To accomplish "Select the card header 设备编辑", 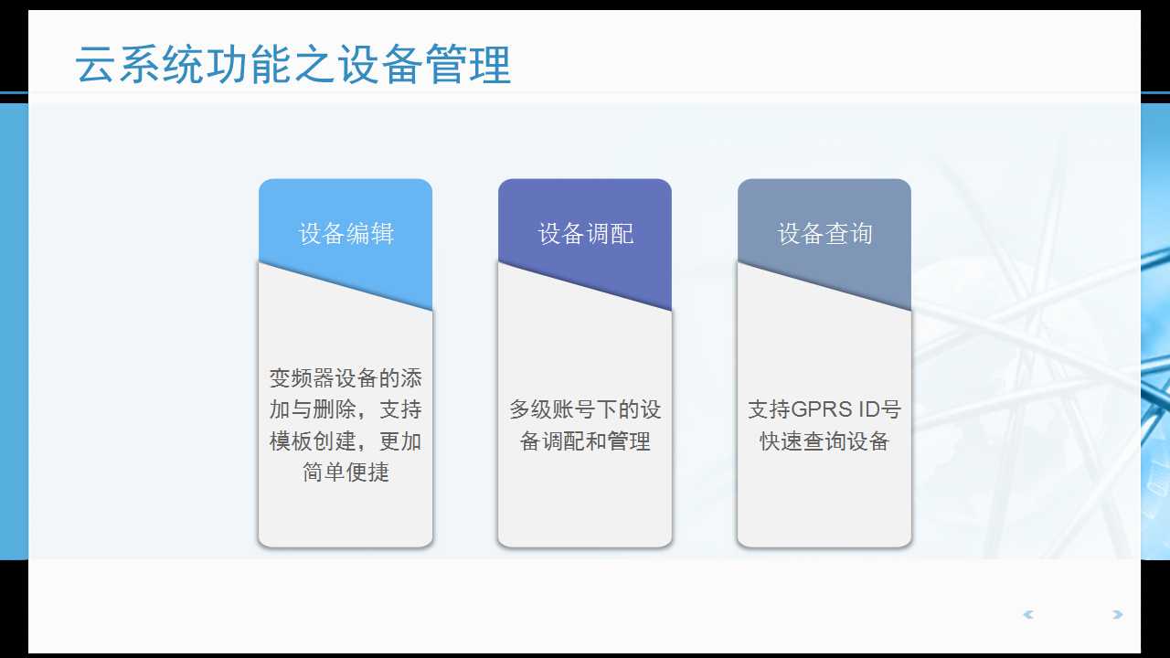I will [x=346, y=234].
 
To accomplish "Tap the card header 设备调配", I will [x=585, y=234].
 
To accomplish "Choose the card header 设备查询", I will [x=824, y=234].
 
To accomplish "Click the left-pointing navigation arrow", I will [x=1028, y=615].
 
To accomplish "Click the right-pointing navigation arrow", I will [x=1117, y=615].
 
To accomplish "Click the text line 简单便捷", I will [x=346, y=472].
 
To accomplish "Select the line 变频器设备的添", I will [x=346, y=378].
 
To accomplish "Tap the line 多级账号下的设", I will [x=585, y=409].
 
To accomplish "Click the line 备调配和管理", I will [x=585, y=441].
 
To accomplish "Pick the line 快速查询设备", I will [x=824, y=441].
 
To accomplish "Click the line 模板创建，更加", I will [x=346, y=441].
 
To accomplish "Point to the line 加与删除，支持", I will [x=346, y=409].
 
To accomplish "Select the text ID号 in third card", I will [x=877, y=409].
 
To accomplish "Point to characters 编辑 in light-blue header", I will [x=370, y=234].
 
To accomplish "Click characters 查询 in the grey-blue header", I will [x=849, y=234].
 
